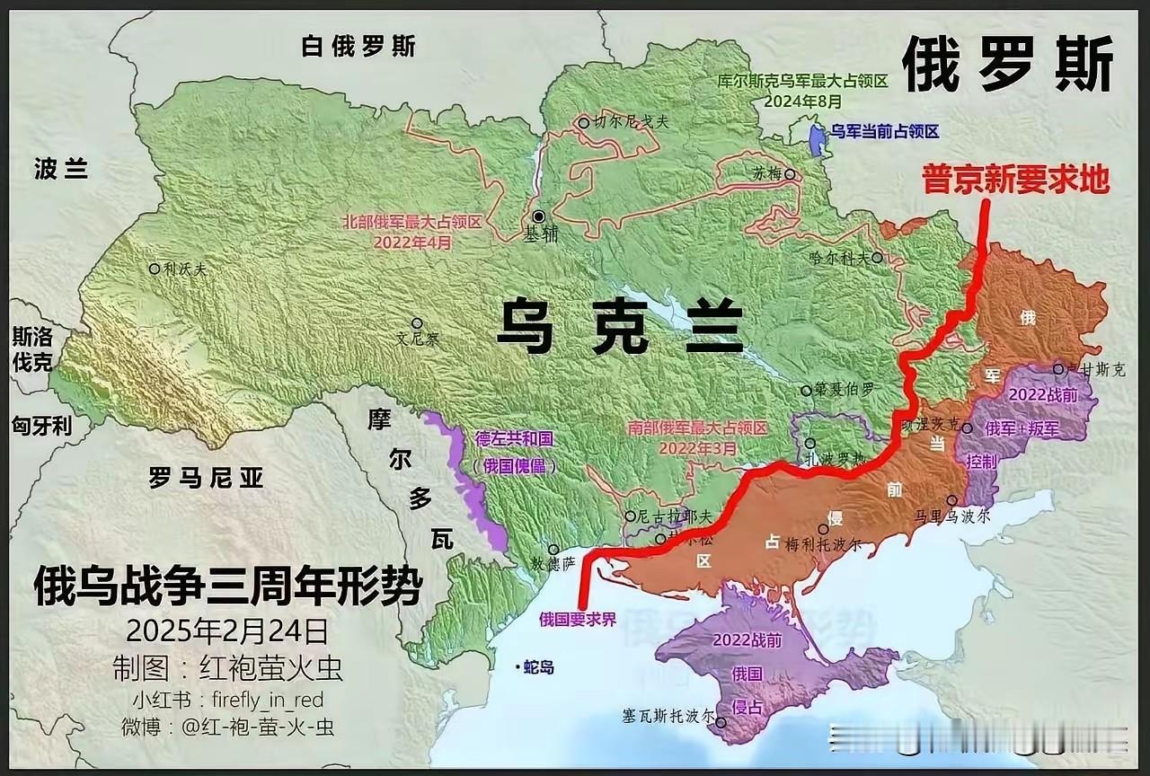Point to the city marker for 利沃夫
tap(155, 268)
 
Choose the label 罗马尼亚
tap(206, 478)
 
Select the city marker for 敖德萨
tap(553, 549)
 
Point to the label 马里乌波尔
tap(951, 516)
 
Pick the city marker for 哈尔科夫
tap(877, 257)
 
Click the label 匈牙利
tap(41, 425)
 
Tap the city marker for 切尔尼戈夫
tap(584, 123)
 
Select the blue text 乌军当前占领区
tap(884, 132)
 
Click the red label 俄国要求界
tap(578, 619)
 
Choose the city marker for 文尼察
tap(417, 323)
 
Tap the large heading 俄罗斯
tap(1007, 65)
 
